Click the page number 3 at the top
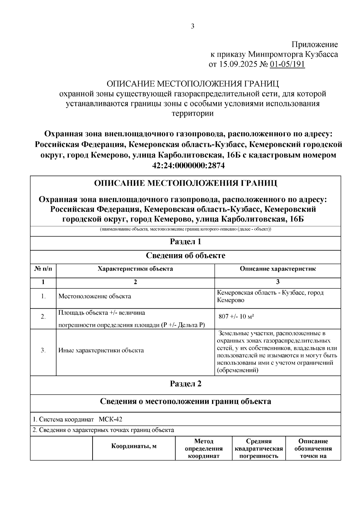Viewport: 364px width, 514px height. tap(192, 26)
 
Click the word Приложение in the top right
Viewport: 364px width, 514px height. tap(315, 45)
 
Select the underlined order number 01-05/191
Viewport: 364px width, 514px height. tap(287, 65)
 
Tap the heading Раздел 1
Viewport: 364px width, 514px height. tap(185, 242)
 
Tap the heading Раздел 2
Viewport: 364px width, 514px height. tap(185, 384)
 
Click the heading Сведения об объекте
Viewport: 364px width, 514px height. tap(185, 256)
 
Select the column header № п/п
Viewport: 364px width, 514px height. tap(43, 269)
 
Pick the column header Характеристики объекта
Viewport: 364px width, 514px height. tap(135, 269)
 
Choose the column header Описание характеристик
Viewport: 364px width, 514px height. tap(278, 269)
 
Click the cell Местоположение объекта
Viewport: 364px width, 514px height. tap(95, 296)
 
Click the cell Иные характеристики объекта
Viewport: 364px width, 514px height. tap(101, 350)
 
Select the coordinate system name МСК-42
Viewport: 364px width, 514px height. tap(110, 419)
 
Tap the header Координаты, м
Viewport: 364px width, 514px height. tap(134, 446)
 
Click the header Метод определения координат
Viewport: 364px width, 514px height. tap(204, 449)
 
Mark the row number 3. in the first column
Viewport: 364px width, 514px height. tap(43, 350)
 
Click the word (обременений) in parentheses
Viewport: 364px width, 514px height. tap(238, 370)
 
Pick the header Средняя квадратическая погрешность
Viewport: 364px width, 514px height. tap(258, 449)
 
